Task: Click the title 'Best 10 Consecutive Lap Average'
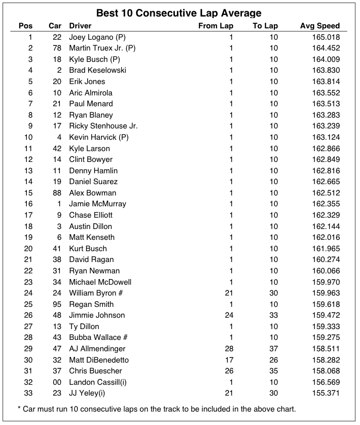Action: (x=179, y=13)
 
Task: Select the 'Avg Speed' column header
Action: (x=320, y=26)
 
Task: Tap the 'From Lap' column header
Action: (x=216, y=26)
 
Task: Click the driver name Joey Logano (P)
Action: (x=97, y=37)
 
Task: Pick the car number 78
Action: (x=57, y=48)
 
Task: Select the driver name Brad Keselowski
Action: (x=97, y=70)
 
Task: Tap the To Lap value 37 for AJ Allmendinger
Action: (x=273, y=349)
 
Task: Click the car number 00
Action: (x=57, y=382)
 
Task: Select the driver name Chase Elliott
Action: (x=91, y=215)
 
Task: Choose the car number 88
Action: (x=57, y=193)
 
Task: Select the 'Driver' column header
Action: (x=80, y=26)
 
